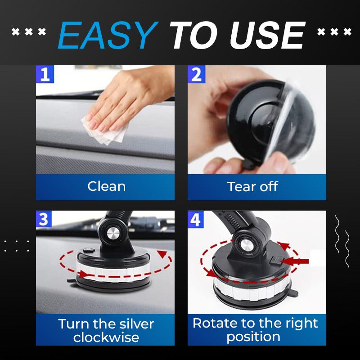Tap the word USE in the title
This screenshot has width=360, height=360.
270,36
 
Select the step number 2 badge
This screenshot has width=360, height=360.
197,74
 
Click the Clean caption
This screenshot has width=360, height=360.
106,186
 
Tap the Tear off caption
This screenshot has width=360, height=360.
252,186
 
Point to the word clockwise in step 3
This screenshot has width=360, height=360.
106,337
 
